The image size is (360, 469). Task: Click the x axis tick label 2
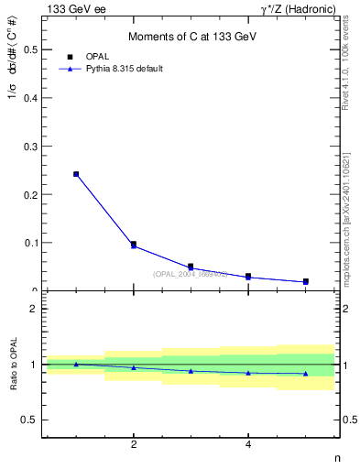[x=134, y=446]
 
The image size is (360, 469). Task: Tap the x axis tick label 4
[x=248, y=446]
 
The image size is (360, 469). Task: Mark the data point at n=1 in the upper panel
[x=76, y=174]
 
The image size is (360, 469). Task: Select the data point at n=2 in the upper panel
[x=134, y=245]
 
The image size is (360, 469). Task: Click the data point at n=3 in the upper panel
[x=191, y=267]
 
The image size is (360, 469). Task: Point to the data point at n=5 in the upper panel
[x=305, y=281]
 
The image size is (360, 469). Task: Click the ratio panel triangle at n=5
[x=305, y=374]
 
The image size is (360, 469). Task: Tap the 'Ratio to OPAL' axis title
[x=14, y=365]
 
